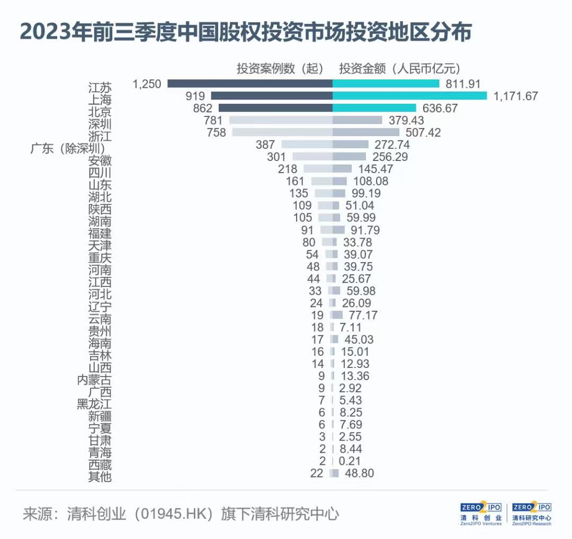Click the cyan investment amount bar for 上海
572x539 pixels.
click(x=409, y=96)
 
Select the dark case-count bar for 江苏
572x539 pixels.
click(x=249, y=84)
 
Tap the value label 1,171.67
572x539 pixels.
click(x=515, y=96)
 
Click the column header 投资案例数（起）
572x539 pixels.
click(x=280, y=69)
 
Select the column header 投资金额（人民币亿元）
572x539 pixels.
click(x=400, y=69)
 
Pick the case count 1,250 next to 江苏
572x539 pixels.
click(x=147, y=84)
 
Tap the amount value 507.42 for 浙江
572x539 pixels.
click(x=422, y=132)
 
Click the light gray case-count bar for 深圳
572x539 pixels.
click(x=281, y=120)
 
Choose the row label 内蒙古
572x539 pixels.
click(x=94, y=380)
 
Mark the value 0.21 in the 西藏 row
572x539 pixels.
click(x=350, y=461)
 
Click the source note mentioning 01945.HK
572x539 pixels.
click(x=181, y=514)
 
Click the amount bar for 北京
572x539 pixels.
click(x=374, y=108)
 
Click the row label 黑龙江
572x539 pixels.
click(x=94, y=404)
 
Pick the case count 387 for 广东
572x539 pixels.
click(x=265, y=145)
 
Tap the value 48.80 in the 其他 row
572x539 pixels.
click(x=360, y=473)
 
